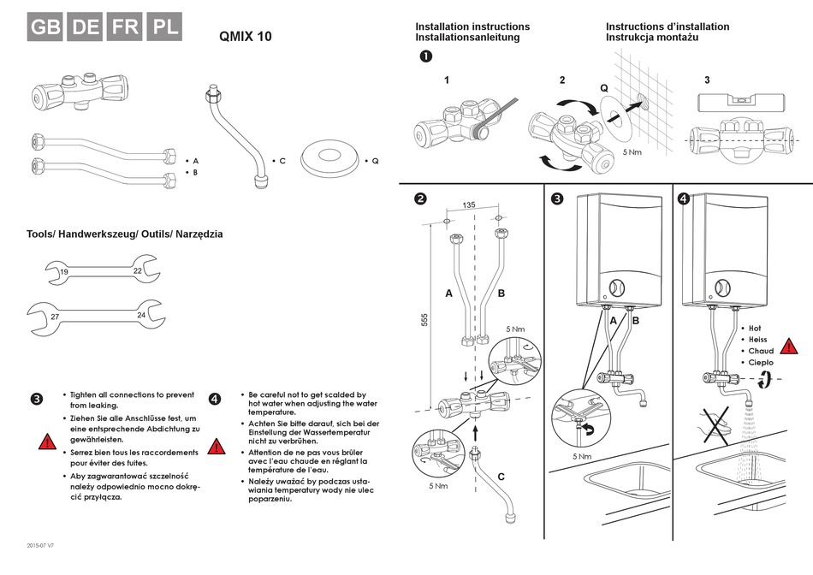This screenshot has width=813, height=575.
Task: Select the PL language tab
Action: (x=165, y=27)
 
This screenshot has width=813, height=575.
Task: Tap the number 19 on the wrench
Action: (x=64, y=273)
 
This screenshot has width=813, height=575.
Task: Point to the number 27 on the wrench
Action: (x=55, y=317)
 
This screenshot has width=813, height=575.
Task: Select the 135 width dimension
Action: (x=469, y=205)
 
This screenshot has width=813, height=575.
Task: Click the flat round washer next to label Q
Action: (x=327, y=160)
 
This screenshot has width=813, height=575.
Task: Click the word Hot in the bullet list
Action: (x=755, y=328)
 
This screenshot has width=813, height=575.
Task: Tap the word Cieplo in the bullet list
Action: (x=760, y=363)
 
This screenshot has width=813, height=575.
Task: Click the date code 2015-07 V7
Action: (x=41, y=545)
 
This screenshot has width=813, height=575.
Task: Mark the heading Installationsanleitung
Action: (x=467, y=39)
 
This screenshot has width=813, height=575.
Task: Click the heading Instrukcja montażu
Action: (x=653, y=39)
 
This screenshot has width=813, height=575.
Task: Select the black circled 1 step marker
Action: (x=425, y=56)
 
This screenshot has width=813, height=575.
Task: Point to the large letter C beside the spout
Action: (x=501, y=477)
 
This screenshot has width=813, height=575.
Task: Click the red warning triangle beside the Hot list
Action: (x=789, y=347)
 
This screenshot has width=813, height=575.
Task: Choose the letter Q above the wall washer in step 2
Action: (x=604, y=88)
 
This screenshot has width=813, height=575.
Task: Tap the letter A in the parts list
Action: (x=196, y=161)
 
